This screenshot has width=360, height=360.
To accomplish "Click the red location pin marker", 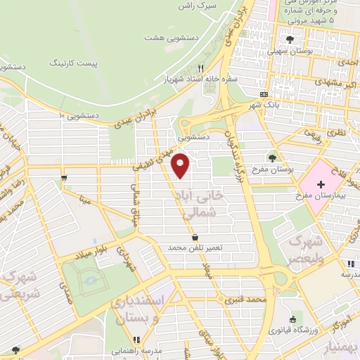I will [181, 165].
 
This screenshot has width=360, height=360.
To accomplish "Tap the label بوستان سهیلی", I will [290, 52].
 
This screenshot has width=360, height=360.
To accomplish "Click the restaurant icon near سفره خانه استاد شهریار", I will [200, 68].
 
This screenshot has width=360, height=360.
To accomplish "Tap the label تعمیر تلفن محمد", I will [195, 248].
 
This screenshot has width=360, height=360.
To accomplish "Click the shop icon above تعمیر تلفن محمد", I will [195, 236].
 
